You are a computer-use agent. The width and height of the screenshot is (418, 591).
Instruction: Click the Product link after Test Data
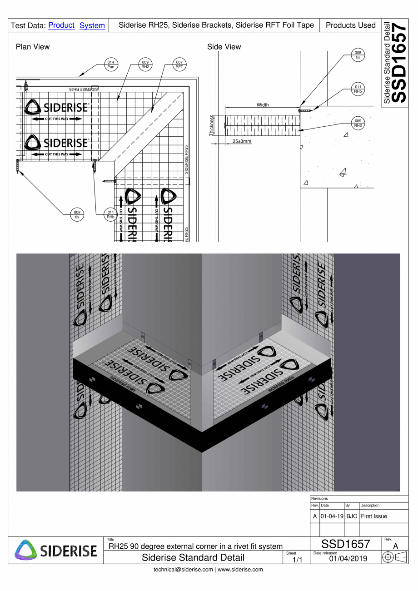61,26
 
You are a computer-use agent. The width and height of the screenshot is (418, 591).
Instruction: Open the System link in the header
92,26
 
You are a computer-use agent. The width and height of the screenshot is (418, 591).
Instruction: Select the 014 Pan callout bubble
110,65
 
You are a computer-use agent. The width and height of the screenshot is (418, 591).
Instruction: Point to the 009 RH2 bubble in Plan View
145,65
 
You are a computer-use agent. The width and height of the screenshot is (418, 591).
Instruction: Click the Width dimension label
262,105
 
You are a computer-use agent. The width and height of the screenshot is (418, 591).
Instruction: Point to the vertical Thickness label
211,125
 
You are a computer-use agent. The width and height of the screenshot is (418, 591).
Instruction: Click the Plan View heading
33,47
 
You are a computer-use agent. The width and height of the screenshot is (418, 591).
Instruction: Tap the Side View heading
224,47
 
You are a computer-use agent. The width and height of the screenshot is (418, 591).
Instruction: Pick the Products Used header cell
351,26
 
